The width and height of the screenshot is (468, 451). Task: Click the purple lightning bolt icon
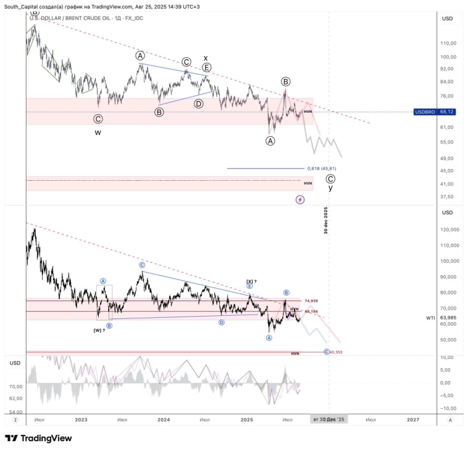coord(300,199)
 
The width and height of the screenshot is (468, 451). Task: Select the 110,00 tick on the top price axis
coord(448,43)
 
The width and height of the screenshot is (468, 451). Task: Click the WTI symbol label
coord(430,318)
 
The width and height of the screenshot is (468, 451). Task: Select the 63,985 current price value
coord(449,318)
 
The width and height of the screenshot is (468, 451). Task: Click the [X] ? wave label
coord(251,281)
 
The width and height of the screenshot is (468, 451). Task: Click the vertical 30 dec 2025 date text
coord(325,220)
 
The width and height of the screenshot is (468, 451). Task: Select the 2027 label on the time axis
coord(413,420)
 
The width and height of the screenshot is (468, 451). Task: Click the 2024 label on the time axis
coord(164,420)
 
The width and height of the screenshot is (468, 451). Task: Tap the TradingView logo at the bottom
coord(38,438)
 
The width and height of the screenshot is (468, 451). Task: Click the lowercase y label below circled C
coord(330,188)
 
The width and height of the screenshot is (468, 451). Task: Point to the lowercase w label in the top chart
coord(98,132)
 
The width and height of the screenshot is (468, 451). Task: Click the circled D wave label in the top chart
coord(199,104)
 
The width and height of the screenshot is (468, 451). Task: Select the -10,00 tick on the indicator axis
coord(449,408)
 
